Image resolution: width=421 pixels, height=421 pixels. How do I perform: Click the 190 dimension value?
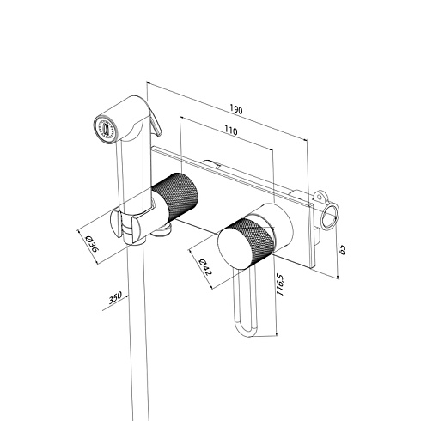236,110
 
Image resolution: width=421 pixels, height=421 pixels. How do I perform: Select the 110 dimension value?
230,131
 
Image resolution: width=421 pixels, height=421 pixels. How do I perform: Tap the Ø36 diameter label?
92,243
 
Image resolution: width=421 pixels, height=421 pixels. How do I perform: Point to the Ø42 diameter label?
205,267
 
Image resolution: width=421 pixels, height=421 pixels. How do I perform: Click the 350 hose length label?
115,297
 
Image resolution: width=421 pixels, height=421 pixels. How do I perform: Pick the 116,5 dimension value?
279,285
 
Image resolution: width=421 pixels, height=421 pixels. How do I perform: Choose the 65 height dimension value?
342,249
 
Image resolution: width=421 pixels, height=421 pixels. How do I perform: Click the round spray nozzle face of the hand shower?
105,128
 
